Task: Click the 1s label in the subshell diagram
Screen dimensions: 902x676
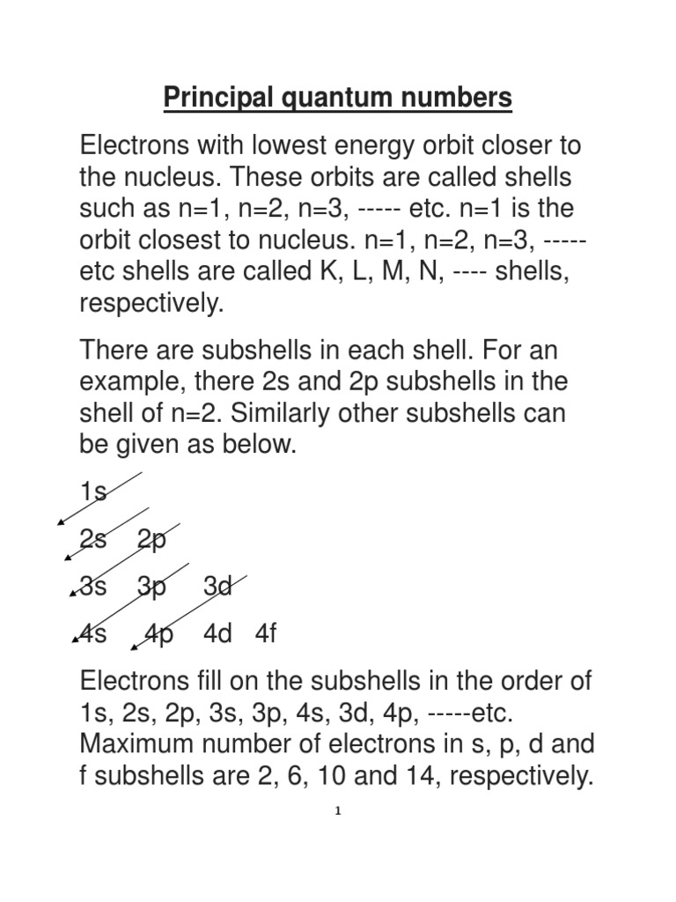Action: click(93, 492)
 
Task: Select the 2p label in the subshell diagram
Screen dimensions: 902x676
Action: click(151, 539)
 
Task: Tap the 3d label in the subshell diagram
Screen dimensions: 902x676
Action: click(217, 587)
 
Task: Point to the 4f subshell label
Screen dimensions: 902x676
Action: click(266, 634)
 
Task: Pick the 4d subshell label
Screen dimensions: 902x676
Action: click(217, 634)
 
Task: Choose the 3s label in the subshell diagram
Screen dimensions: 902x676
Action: click(93, 587)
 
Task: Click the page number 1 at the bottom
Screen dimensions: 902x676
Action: click(338, 811)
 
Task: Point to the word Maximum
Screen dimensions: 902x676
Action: click(141, 743)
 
